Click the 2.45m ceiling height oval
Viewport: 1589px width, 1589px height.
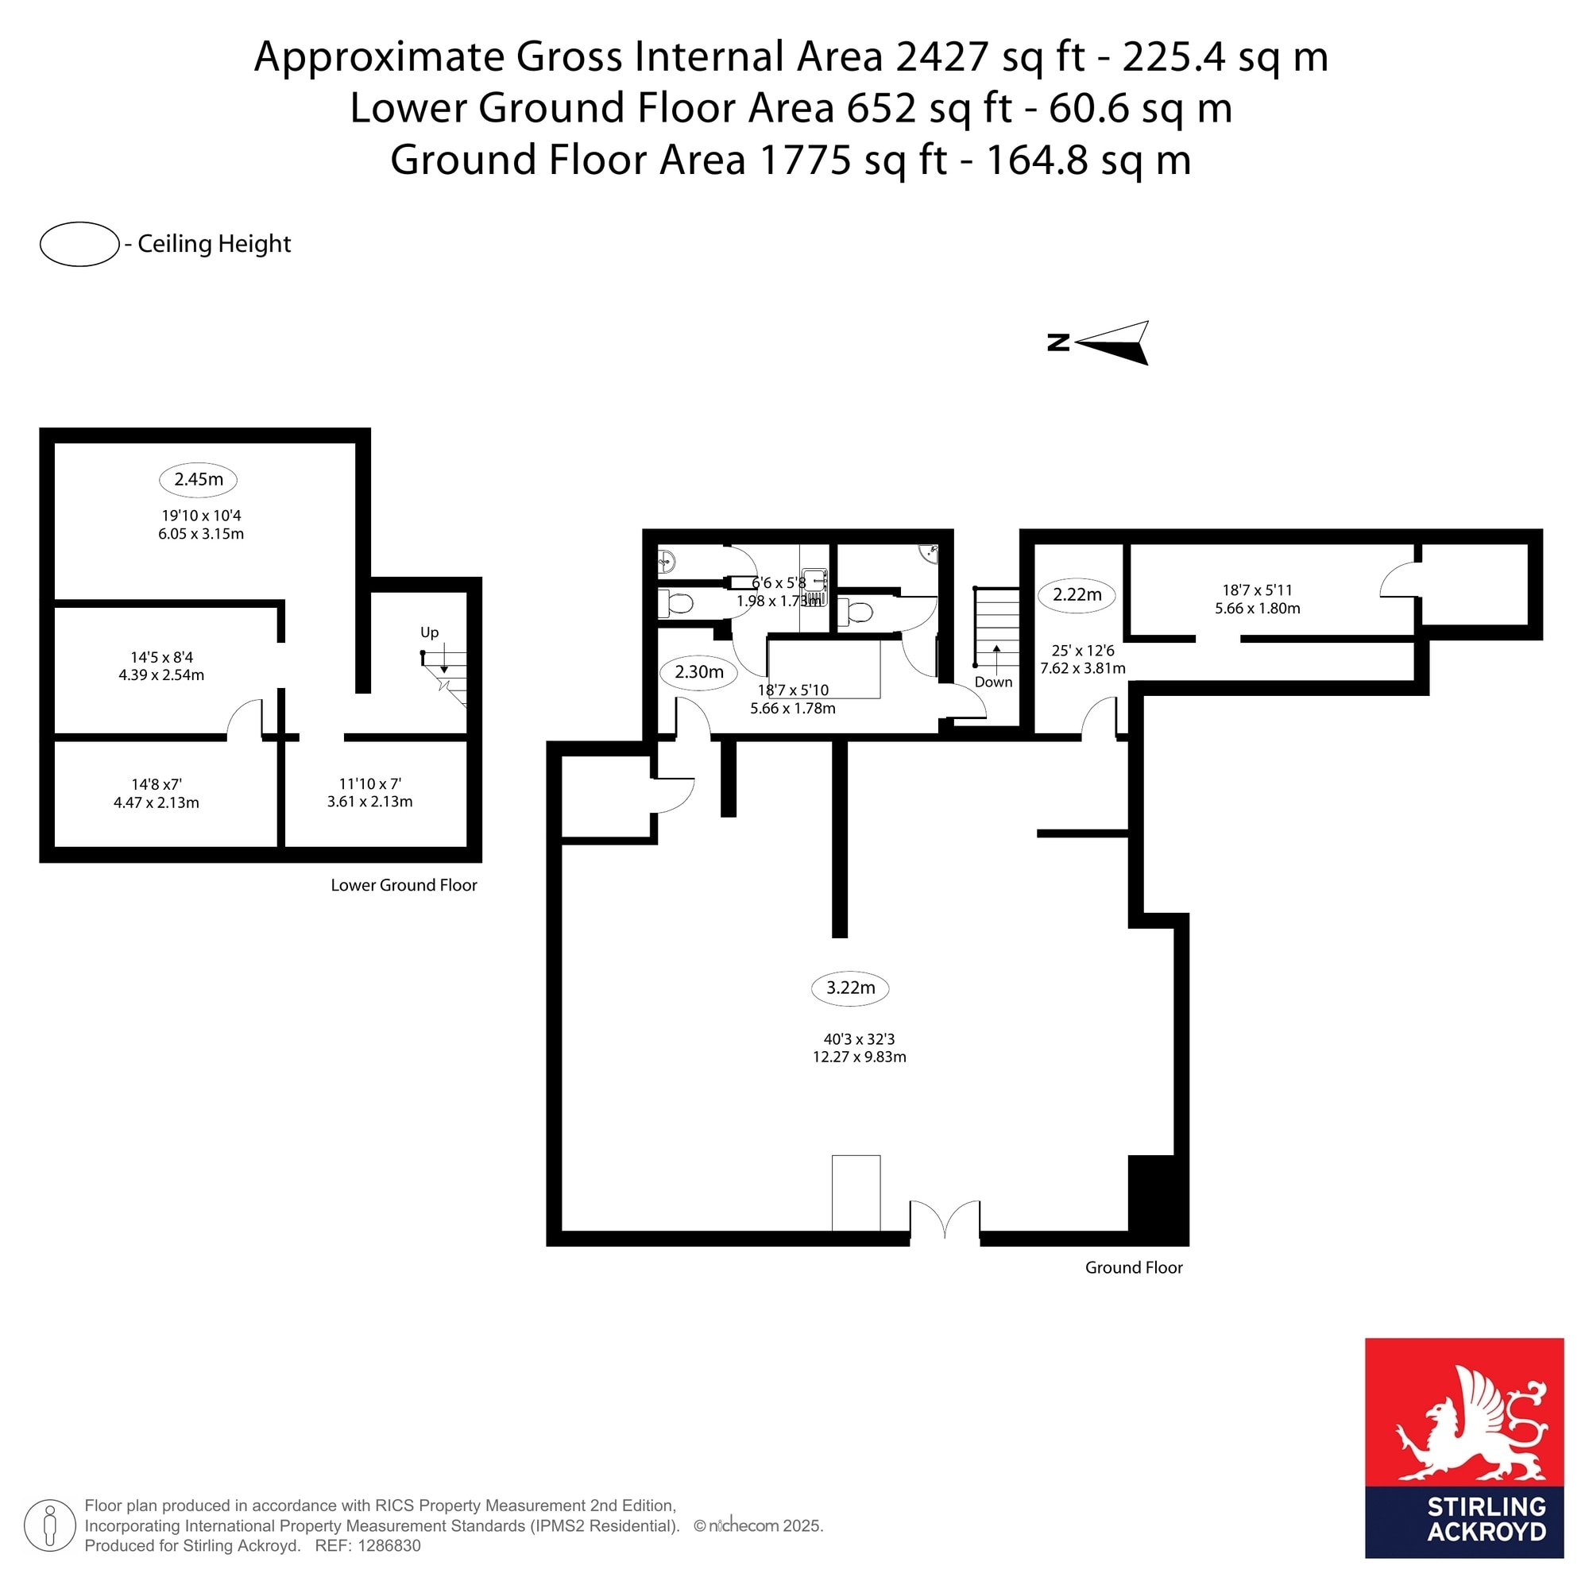click(198, 481)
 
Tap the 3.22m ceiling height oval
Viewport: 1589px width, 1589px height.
click(850, 988)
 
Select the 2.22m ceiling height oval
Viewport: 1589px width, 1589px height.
click(1077, 595)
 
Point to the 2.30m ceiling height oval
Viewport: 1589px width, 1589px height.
click(699, 673)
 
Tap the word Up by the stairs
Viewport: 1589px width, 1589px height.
click(429, 633)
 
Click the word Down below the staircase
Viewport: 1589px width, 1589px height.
click(994, 682)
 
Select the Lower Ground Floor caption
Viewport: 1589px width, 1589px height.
click(404, 886)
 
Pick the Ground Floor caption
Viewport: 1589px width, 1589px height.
click(1135, 1268)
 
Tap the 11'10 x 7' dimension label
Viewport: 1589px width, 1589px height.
click(370, 785)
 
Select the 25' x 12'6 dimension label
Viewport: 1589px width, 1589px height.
click(1083, 651)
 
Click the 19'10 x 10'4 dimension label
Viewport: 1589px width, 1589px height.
click(202, 516)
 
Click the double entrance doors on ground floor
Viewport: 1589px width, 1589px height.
click(945, 1220)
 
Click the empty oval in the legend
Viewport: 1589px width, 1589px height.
click(79, 244)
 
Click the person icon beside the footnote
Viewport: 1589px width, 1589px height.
click(50, 1526)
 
